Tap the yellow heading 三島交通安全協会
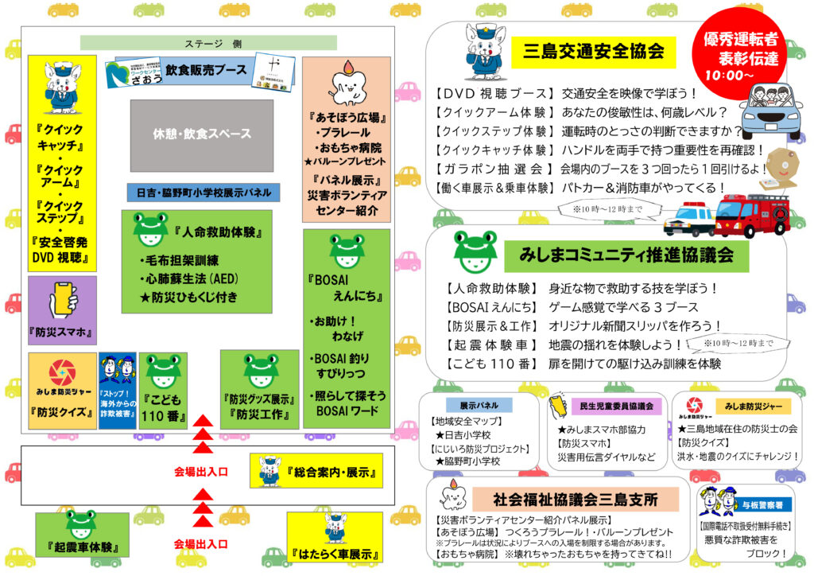coord(593,53)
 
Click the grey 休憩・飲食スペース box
coord(202,134)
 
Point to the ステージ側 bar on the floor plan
coord(208,43)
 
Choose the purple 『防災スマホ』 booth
coord(62,310)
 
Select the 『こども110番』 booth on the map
coord(163,391)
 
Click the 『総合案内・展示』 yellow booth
coord(316,471)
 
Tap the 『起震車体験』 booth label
coord(82,535)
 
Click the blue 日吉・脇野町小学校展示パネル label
coord(203,193)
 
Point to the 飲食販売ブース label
coord(206,70)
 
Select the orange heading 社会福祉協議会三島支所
coord(576,500)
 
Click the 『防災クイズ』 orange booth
coord(62,390)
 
